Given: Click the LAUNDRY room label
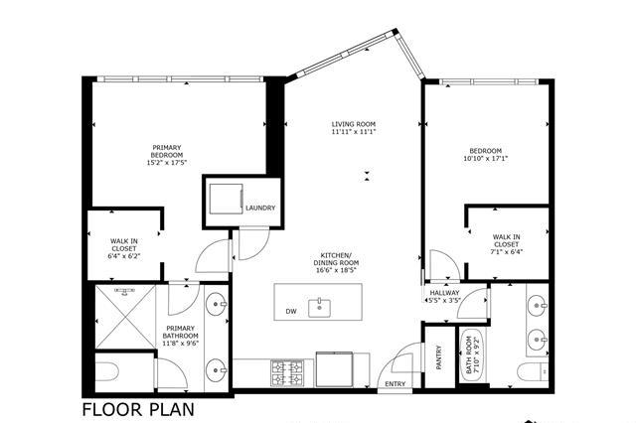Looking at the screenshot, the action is [260, 208].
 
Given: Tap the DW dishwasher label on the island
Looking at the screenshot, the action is [291, 311].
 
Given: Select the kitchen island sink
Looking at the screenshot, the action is [319, 308].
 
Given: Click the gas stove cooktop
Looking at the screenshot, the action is [287, 372].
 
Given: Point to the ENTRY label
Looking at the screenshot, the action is [396, 383].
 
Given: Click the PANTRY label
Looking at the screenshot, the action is [438, 357].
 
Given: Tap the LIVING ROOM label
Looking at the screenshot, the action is [354, 124].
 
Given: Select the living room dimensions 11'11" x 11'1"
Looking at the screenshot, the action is [354, 132].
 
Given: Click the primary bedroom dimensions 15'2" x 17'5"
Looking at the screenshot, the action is [167, 163].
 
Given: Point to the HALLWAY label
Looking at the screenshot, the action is [444, 293].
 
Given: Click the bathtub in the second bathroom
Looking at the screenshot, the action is [473, 354].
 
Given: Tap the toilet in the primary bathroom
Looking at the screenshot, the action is [106, 371].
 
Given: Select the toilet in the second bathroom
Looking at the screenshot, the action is [533, 371].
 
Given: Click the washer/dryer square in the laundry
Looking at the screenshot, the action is [226, 199].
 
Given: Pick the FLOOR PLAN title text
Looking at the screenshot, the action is [138, 409].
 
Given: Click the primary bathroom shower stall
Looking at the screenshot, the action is [126, 317].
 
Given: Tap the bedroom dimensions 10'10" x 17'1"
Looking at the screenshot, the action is [486, 159].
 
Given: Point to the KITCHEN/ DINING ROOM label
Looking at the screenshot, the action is [336, 262].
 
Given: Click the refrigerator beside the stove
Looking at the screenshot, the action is [335, 369].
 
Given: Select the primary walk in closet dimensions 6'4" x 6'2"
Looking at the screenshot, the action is [123, 256].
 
